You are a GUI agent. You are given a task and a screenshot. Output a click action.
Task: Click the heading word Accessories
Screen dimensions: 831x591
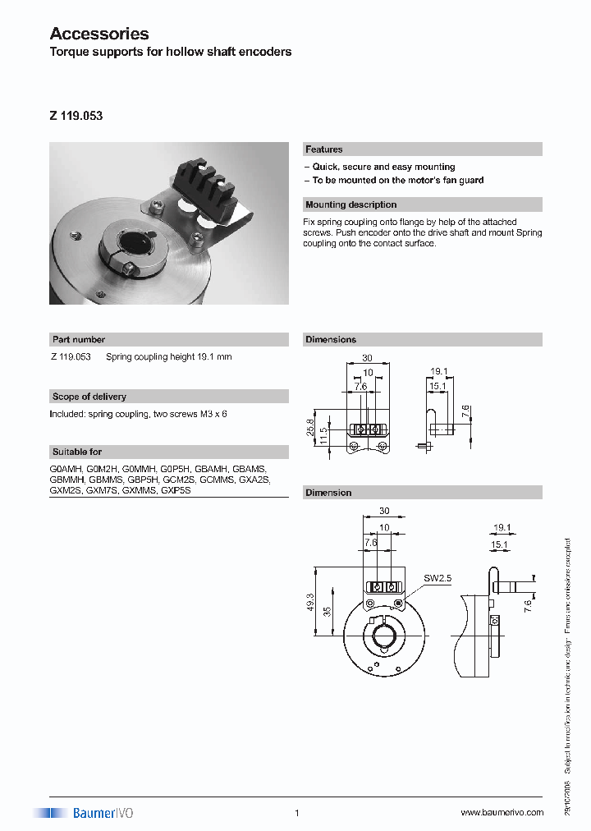tap(99, 34)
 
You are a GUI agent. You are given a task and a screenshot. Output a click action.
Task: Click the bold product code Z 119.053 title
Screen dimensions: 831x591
tap(76, 117)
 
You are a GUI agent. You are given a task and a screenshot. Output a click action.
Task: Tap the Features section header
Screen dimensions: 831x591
tap(324, 149)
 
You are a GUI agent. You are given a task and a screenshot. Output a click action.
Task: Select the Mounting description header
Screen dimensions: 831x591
tap(350, 204)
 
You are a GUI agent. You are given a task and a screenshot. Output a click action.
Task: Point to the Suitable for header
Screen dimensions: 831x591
tap(77, 452)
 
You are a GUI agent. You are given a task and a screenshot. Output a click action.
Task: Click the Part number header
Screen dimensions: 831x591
tap(79, 339)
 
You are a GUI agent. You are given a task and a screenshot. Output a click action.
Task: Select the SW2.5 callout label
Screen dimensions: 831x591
tap(437, 577)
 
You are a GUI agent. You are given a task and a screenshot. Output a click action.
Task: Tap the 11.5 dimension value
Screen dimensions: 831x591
tap(325, 435)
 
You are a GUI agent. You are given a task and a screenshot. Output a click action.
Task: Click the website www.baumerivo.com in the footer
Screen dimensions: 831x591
tap(502, 812)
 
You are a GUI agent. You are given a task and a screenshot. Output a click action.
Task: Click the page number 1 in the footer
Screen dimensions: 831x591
tap(296, 813)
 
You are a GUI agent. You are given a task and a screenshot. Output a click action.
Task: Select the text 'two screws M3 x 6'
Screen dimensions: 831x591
tap(190, 414)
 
